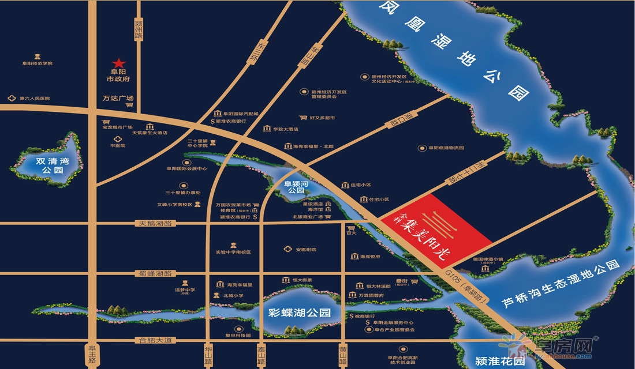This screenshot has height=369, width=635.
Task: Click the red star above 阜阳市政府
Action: click(119, 62)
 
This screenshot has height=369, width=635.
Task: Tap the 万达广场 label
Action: click(118, 98)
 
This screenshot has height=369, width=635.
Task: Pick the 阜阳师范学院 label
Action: click(37, 63)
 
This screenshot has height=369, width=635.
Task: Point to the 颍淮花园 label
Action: click(500, 362)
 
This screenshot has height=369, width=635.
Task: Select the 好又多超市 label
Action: click(322, 118)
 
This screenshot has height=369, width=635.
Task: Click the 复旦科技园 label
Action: click(238, 335)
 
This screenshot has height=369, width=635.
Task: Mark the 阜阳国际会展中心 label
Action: click(186, 168)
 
